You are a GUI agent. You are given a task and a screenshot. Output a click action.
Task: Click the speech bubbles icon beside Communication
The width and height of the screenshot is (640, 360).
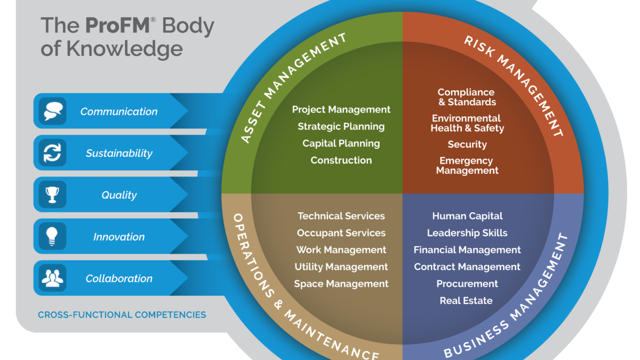coord(53,111)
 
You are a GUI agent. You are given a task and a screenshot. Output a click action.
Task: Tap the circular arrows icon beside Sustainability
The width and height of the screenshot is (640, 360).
coord(52,153)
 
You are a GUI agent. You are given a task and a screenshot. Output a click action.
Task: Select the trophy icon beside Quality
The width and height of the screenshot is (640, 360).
coord(53,195)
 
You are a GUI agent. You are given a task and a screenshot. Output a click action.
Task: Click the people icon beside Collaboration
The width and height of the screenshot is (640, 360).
coord(53,278)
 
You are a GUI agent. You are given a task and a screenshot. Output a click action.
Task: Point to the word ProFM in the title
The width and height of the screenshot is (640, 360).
coord(118,26)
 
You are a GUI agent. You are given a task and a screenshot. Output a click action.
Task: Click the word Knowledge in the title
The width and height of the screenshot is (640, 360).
coord(125,49)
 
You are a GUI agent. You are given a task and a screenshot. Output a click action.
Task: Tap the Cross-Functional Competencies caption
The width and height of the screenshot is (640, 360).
coord(122,315)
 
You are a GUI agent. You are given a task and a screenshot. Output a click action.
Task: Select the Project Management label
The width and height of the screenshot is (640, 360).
coord(341,110)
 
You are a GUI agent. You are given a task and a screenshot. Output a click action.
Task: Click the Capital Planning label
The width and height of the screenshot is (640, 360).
coord(341,143)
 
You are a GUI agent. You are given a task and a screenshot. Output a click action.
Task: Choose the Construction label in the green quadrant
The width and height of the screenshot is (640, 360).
coord(341,161)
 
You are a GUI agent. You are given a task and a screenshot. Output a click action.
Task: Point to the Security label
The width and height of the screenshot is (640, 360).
coord(467,145)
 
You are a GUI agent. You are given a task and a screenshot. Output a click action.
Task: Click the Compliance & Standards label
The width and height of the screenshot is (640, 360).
coord(467,97)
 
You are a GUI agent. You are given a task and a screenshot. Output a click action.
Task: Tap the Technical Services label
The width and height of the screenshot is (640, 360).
coord(341,216)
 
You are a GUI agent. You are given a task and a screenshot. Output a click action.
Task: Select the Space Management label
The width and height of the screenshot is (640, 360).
coord(341,284)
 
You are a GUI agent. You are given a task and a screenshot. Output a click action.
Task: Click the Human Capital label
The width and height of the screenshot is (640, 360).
coord(467,217)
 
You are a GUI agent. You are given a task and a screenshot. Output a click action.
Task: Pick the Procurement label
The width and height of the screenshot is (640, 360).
coord(467,284)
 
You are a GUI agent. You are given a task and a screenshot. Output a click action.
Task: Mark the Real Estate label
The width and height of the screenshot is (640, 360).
coord(466,301)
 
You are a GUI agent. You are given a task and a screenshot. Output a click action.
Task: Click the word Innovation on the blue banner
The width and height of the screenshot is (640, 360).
coord(119,237)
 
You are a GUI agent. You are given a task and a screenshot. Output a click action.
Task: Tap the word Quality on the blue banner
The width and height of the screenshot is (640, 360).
coord(119,195)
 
